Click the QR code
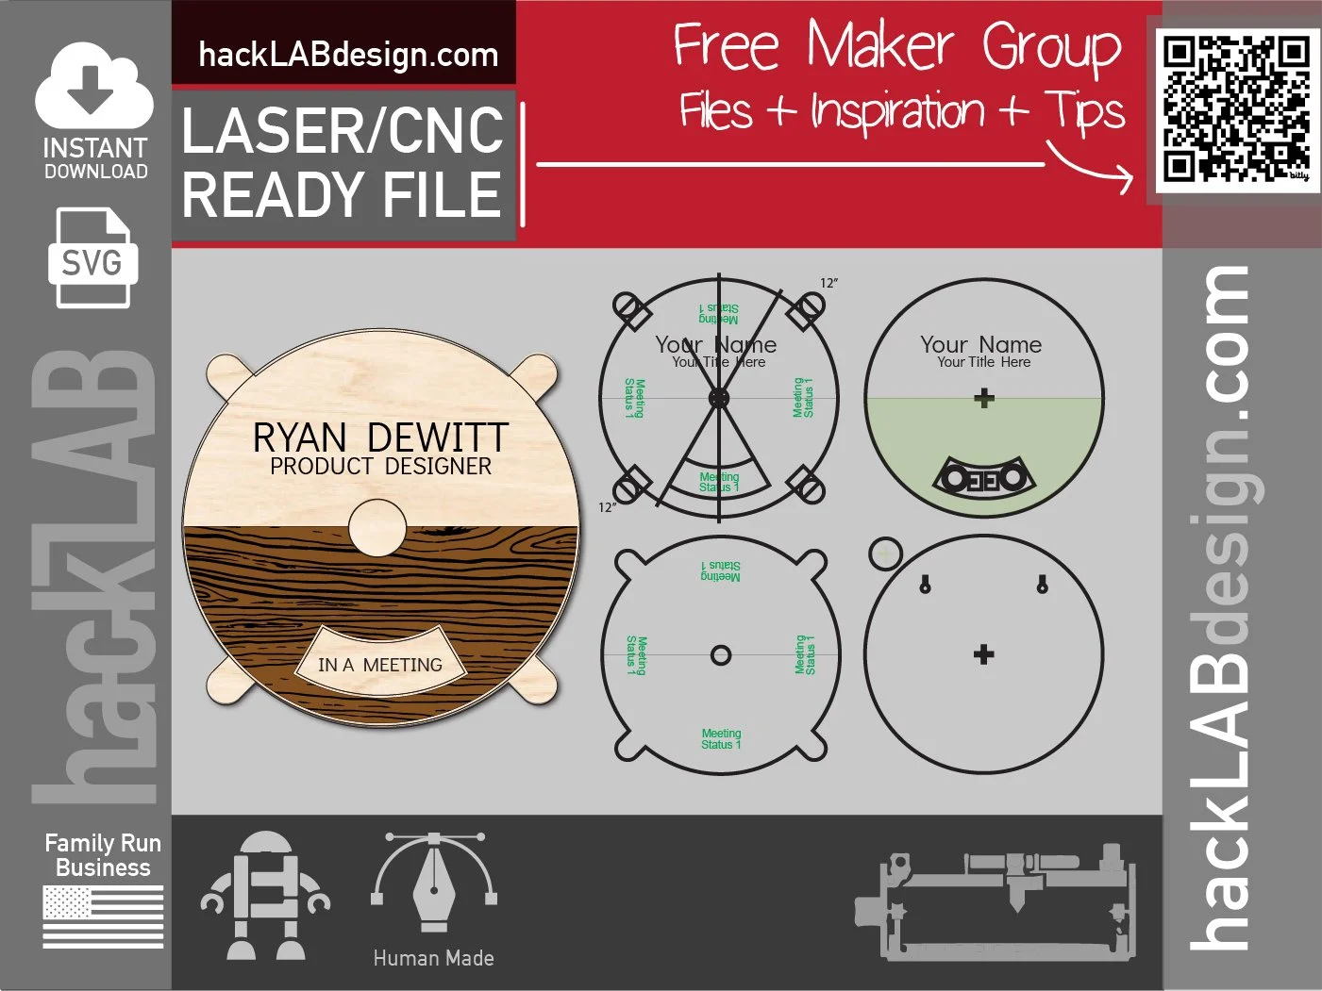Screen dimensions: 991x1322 pos(1236,108)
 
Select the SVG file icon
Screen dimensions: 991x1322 pos(92,258)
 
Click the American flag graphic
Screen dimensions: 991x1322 pos(103,916)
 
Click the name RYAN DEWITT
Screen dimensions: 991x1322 pos(380,438)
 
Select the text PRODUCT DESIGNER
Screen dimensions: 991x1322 pos(380,467)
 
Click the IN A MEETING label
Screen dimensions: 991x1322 pos(380,665)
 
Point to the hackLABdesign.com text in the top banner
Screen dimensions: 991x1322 pos(348,55)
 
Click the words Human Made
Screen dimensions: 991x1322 pos(433,958)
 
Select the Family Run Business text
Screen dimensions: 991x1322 pos(103,855)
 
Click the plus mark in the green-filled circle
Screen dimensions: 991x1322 pos(984,398)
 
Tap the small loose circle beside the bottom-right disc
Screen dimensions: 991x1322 pos(885,553)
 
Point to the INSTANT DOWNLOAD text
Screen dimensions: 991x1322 pos(95,158)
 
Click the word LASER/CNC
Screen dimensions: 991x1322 pos(343,131)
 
